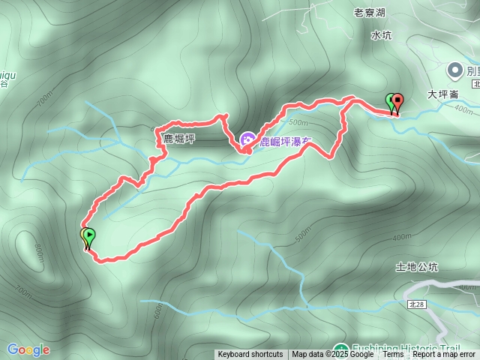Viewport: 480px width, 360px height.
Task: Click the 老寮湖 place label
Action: pyautogui.click(x=370, y=13)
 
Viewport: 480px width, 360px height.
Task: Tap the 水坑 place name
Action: pyautogui.click(x=381, y=34)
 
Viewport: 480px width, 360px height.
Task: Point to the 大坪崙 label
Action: pyautogui.click(x=442, y=95)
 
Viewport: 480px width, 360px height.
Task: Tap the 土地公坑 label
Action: pyautogui.click(x=417, y=267)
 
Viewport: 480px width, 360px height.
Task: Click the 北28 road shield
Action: pyautogui.click(x=418, y=304)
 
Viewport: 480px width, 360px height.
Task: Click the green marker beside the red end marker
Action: pyautogui.click(x=390, y=102)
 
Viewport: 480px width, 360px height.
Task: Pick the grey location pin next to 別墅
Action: pyautogui.click(x=454, y=70)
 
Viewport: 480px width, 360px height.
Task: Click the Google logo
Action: pyautogui.click(x=28, y=349)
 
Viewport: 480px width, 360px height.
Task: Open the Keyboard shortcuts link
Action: pyautogui.click(x=250, y=355)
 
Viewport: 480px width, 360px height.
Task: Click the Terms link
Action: pyautogui.click(x=393, y=355)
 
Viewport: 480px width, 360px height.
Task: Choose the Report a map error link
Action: pyautogui.click(x=444, y=355)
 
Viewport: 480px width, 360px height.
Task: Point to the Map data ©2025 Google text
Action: pyautogui.click(x=333, y=355)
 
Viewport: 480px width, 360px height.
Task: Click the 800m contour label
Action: pyautogui.click(x=38, y=253)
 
